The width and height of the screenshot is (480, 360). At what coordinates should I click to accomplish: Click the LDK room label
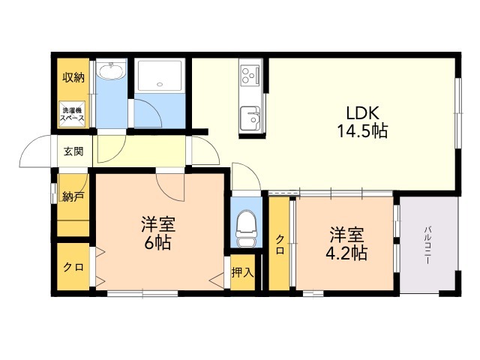click(365, 113)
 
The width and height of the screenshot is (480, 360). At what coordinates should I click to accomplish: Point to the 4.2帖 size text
click(346, 252)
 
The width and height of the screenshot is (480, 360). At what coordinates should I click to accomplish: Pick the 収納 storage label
click(73, 77)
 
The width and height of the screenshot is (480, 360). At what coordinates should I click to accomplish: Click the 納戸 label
click(73, 197)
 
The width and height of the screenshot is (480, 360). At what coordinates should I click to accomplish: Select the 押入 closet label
click(242, 272)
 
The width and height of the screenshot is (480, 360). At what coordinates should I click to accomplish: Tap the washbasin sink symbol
click(114, 73)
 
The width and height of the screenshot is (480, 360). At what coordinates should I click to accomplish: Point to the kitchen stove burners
click(250, 76)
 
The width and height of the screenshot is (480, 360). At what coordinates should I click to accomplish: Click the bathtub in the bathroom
click(161, 78)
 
